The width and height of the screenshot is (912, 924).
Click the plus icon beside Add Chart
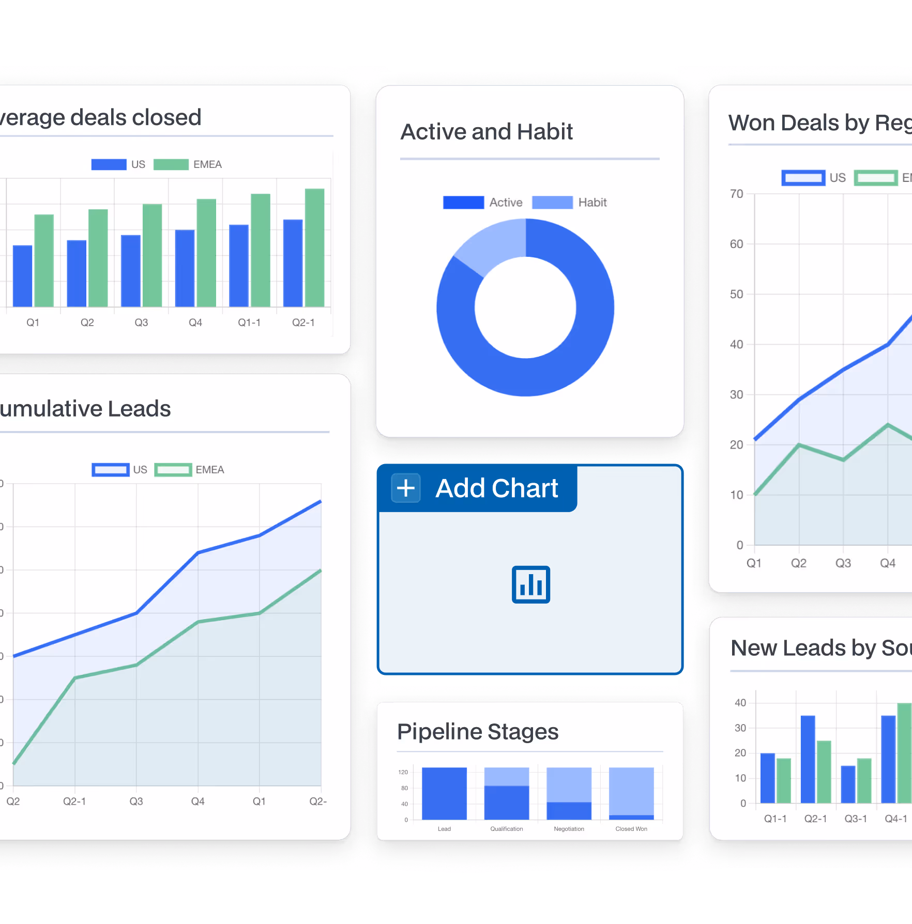(x=406, y=488)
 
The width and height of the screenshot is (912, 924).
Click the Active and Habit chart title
(x=487, y=132)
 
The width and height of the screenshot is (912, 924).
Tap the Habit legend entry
(x=592, y=203)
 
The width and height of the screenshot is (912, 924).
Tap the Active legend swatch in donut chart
(x=463, y=203)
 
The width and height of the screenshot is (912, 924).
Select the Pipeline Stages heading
(x=478, y=732)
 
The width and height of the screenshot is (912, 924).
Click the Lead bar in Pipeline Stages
(x=444, y=794)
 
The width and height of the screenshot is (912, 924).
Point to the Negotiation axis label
(x=569, y=829)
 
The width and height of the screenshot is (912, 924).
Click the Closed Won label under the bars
(x=631, y=829)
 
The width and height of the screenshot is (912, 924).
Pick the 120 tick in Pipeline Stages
(x=403, y=772)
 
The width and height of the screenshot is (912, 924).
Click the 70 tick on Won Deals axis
(x=736, y=194)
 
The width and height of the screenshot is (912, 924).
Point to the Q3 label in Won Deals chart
(x=843, y=563)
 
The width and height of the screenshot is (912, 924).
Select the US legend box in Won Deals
(x=803, y=178)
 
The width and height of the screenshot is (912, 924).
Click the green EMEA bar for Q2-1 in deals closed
(x=314, y=248)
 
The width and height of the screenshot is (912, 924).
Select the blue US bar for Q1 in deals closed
(x=23, y=276)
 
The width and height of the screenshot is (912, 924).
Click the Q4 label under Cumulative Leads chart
(x=197, y=802)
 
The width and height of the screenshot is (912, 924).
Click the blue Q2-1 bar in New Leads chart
(x=808, y=759)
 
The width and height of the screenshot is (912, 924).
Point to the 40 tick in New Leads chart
(x=740, y=703)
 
